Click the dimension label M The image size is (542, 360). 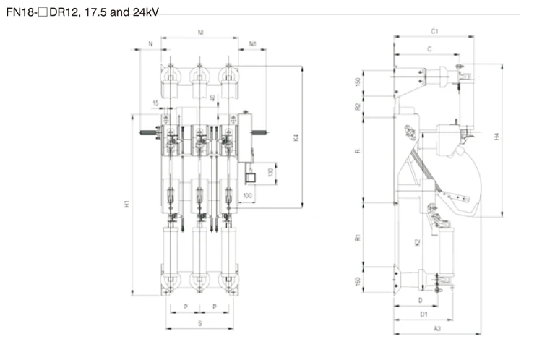(200, 33)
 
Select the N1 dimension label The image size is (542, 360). (253, 44)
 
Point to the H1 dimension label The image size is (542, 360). (126, 205)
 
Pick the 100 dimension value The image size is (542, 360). (248, 196)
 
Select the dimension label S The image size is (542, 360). (200, 324)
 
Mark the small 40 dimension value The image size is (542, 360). (212, 98)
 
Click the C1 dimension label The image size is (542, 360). (434, 32)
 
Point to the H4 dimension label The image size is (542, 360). (496, 137)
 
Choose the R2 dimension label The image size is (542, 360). (357, 106)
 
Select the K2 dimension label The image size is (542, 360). (417, 242)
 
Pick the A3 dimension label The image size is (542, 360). (437, 328)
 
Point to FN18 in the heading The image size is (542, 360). (18, 13)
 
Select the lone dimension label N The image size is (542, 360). (150, 44)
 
